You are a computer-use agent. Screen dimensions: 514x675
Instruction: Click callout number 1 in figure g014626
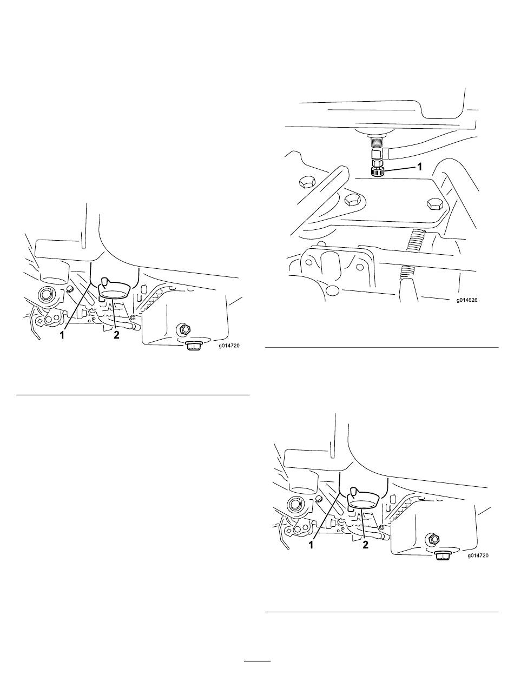[419, 167]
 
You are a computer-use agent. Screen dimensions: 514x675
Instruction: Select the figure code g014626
[466, 300]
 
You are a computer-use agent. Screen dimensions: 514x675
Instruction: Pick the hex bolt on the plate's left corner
[352, 201]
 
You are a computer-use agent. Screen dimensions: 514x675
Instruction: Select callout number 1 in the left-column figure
[62, 335]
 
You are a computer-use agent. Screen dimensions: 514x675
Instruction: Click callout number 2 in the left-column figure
[116, 335]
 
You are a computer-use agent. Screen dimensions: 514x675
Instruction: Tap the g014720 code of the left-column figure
[229, 346]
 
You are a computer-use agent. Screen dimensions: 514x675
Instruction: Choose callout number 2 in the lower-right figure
[365, 545]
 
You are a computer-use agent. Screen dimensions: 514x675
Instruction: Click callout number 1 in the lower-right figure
[311, 545]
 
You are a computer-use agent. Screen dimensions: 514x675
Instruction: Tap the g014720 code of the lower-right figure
[478, 555]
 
